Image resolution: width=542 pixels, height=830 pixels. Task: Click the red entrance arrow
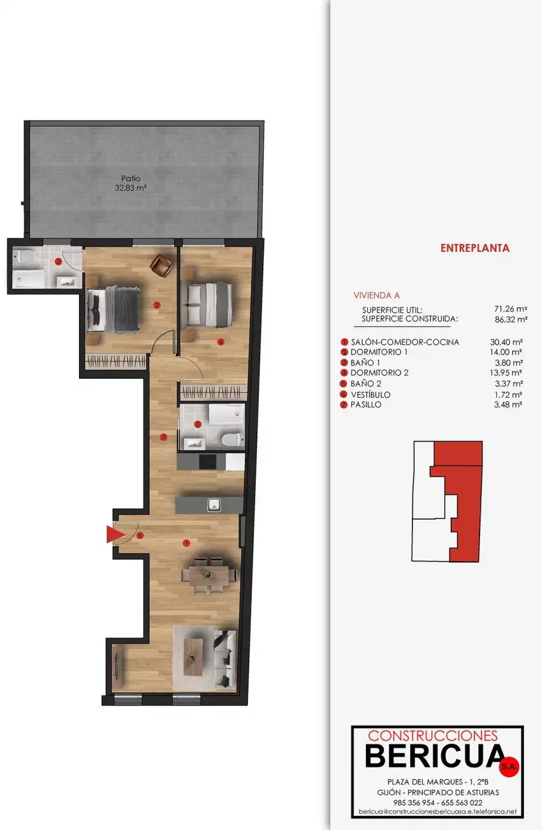point(115,534)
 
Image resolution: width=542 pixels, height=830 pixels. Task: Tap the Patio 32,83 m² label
point(131,183)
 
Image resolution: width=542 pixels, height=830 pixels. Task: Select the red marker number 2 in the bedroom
point(157,305)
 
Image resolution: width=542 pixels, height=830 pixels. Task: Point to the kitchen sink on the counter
point(214,505)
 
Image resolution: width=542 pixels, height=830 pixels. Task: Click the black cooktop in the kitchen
point(208,462)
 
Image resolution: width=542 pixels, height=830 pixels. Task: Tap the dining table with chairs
point(209,575)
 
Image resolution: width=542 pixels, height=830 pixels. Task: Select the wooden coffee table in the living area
point(193,658)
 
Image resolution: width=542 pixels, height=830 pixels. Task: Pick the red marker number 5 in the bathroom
point(198,425)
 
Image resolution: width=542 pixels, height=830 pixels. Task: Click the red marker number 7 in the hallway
point(163,437)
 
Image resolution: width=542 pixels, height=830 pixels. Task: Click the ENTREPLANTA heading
point(475,248)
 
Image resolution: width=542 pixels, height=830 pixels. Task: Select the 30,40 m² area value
point(506,342)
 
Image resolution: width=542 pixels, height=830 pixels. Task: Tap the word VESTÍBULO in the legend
point(370,395)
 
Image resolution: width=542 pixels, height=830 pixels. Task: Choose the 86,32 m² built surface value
point(511,319)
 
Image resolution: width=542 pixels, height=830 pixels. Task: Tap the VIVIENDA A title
point(376,296)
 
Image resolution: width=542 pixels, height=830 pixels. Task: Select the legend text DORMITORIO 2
point(379,373)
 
